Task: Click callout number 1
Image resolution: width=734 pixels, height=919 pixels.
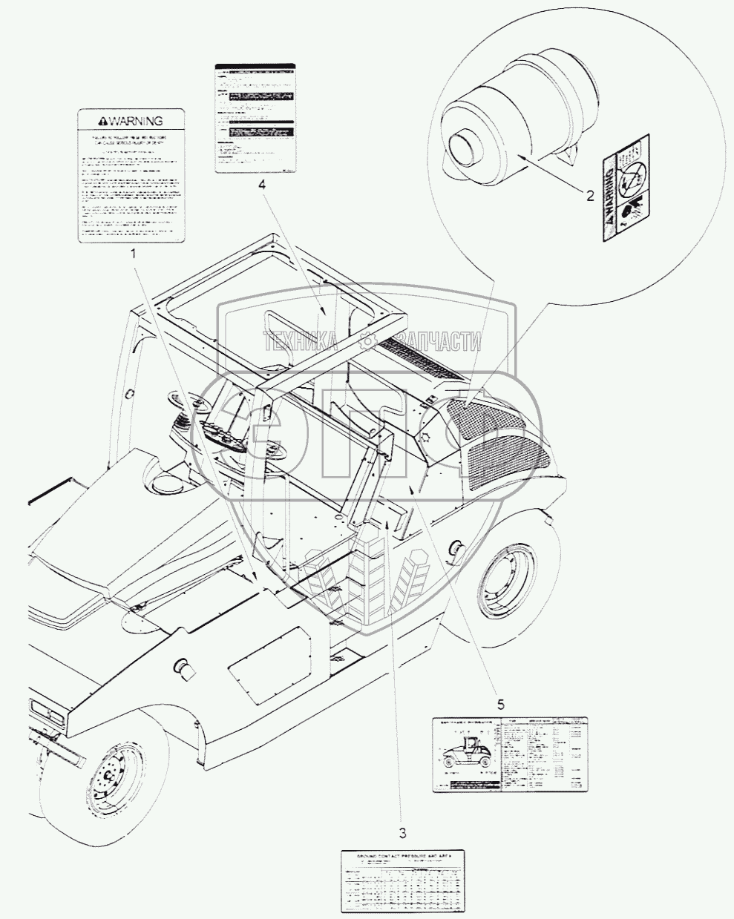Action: pos(134,254)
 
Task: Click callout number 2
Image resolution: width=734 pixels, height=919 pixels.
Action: pos(590,176)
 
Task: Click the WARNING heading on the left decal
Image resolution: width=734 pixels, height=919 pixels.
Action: pos(131,120)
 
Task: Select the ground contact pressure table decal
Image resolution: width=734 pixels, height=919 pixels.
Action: pos(400,880)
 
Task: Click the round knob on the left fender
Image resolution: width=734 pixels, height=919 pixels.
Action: pos(183,668)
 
